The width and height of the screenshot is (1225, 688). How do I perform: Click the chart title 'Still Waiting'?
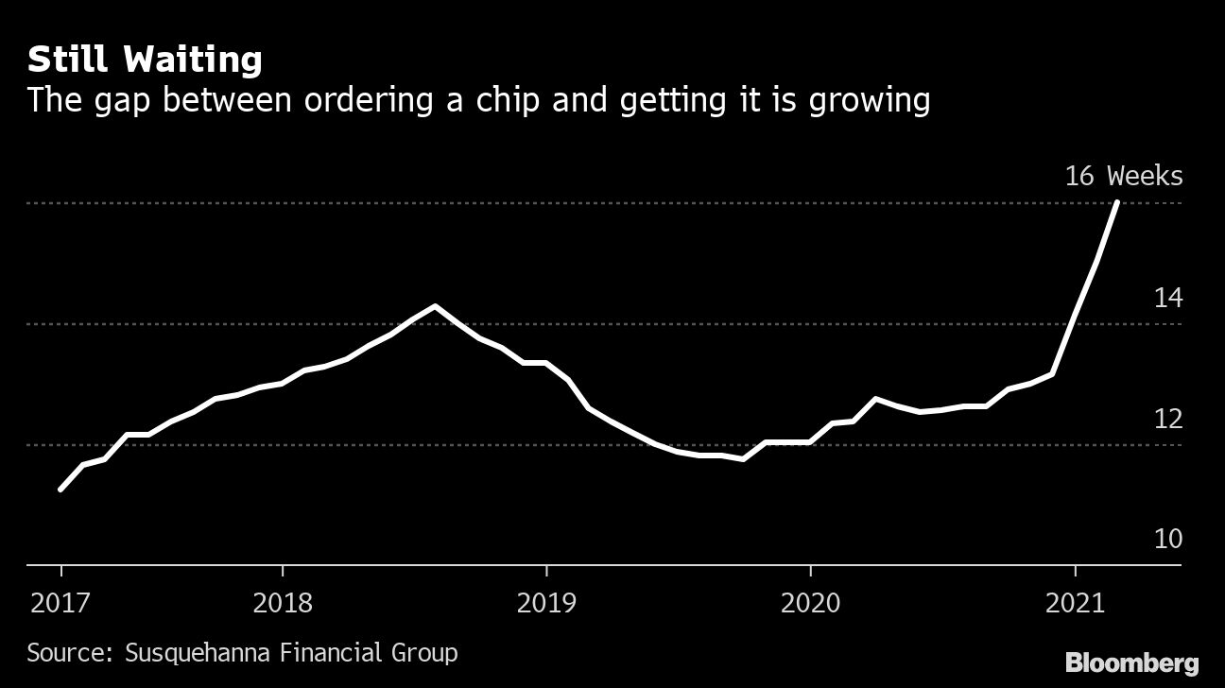[145, 60]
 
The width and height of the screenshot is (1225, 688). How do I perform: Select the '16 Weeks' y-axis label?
[1123, 176]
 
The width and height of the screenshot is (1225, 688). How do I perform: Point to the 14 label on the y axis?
[1167, 298]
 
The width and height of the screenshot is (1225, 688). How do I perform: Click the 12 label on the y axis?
[1167, 418]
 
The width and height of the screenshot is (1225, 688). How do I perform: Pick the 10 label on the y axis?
[1167, 539]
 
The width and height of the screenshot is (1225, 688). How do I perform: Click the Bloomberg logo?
[1131, 662]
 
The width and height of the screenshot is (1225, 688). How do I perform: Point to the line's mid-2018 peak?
[435, 306]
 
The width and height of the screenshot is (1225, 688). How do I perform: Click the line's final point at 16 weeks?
[1118, 202]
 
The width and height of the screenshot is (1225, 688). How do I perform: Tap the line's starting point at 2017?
[60, 490]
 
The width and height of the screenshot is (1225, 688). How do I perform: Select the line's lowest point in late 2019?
[743, 459]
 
